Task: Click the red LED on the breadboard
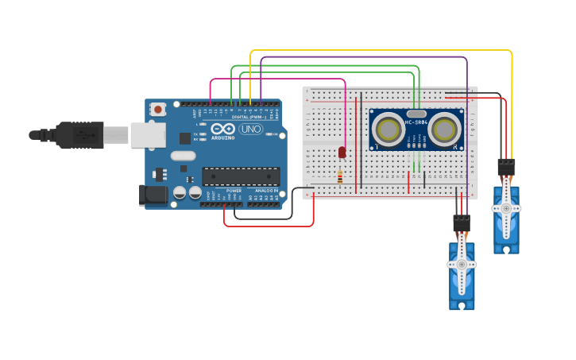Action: coord(342,152)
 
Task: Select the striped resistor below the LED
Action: coord(340,177)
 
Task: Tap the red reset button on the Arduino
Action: coord(158,109)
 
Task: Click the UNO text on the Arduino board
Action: coord(250,129)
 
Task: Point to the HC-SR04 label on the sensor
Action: coord(416,122)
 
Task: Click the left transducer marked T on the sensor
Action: coord(389,130)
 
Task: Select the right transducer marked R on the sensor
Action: coord(444,130)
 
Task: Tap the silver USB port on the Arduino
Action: coord(147,135)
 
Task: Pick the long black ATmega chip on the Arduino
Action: coord(241,176)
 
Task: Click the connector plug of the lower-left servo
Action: coord(461,223)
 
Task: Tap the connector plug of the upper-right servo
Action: coord(506,167)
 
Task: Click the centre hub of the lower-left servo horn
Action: coord(462,265)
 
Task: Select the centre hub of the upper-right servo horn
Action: coord(506,208)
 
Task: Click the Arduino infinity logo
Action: coord(222,129)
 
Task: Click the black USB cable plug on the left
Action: coord(79,135)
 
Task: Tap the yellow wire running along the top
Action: coord(381,50)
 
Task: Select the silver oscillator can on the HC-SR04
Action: coord(416,114)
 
